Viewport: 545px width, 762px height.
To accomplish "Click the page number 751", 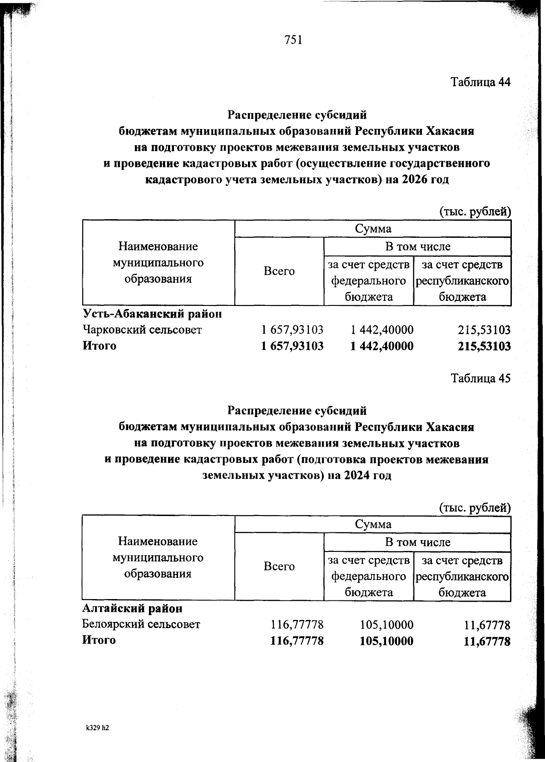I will click(293, 40).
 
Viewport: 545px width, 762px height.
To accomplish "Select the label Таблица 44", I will click(481, 82).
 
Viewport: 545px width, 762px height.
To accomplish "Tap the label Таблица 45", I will click(481, 378).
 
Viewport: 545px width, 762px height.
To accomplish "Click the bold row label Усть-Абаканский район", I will click(152, 314).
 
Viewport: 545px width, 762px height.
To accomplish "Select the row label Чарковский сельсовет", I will click(142, 330).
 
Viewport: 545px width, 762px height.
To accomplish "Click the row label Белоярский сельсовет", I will click(141, 624).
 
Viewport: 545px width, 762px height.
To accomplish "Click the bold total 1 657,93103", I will click(292, 346).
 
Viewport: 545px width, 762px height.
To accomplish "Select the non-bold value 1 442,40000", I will click(382, 330).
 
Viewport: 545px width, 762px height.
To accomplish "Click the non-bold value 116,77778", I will click(297, 625).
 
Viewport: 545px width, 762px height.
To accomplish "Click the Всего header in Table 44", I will click(279, 271).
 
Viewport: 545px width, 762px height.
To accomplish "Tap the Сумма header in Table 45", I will click(373, 524).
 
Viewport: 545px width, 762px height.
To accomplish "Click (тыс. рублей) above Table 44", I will click(475, 211).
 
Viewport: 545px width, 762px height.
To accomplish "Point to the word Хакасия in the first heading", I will click(450, 131).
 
